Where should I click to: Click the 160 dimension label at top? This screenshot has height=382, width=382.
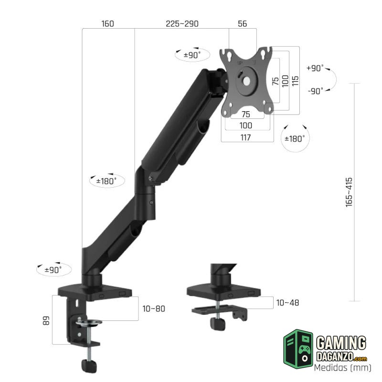pyautogui.click(x=107, y=23)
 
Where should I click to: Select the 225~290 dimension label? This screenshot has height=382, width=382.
pyautogui.click(x=182, y=23)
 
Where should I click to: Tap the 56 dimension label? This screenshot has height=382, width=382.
pyautogui.click(x=242, y=23)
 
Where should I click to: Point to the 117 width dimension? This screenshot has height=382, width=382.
pyautogui.click(x=245, y=138)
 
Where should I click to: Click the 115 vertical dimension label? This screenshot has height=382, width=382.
pyautogui.click(x=295, y=81)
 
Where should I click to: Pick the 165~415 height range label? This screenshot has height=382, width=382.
pyautogui.click(x=349, y=192)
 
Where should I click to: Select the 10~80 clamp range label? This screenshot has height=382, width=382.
pyautogui.click(x=154, y=308)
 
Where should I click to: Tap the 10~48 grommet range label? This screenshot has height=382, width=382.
pyautogui.click(x=287, y=303)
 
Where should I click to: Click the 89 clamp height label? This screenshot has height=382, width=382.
pyautogui.click(x=46, y=320)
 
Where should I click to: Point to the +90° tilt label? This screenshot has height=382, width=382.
pyautogui.click(x=315, y=68)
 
